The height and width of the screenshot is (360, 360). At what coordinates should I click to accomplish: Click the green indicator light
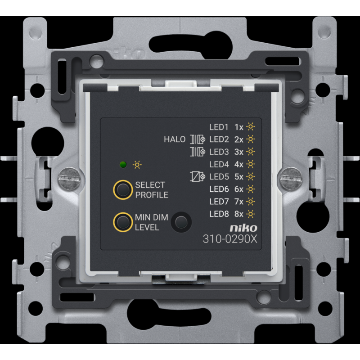click(x=123, y=165)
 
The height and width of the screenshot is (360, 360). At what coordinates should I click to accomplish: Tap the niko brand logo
click(x=243, y=228)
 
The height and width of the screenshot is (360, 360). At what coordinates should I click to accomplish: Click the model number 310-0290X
click(x=230, y=239)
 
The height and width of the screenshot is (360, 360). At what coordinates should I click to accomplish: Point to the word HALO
click(x=175, y=139)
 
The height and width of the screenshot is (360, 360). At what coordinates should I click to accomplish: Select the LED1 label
click(x=219, y=127)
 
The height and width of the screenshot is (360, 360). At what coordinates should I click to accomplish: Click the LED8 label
click(x=219, y=214)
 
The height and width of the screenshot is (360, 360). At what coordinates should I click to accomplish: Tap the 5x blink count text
click(x=239, y=177)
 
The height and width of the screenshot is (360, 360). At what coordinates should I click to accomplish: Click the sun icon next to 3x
click(x=251, y=152)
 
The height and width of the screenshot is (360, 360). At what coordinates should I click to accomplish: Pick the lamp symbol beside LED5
click(x=198, y=177)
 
